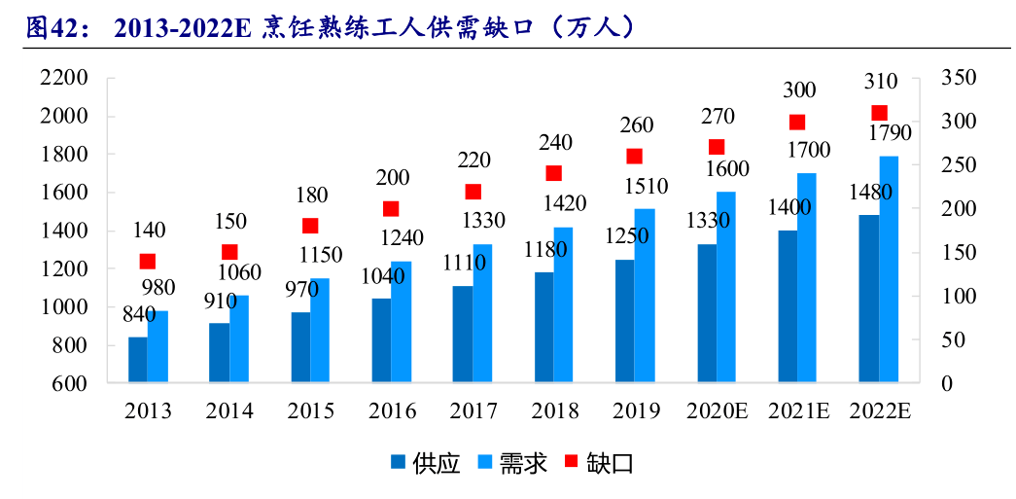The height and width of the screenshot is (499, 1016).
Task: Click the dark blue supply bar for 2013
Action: [137, 360]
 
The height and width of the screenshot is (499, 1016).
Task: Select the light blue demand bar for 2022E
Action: [889, 269]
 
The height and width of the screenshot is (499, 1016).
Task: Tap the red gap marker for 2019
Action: [635, 157]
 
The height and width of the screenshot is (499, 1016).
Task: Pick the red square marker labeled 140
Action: [148, 261]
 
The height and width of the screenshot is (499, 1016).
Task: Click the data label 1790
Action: [889, 133]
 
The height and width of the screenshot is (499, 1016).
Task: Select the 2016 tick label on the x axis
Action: [393, 411]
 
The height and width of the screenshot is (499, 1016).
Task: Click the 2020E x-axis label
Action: [718, 411]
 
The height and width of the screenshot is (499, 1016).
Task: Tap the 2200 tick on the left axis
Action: [63, 79]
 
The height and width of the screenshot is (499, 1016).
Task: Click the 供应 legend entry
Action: [425, 463]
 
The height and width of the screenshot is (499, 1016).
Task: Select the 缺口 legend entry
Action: [599, 463]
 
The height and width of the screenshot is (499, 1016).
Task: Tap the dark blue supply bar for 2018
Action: [544, 327]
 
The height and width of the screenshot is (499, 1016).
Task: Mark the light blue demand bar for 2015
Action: [320, 331]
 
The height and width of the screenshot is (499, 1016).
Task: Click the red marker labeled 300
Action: [797, 122]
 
